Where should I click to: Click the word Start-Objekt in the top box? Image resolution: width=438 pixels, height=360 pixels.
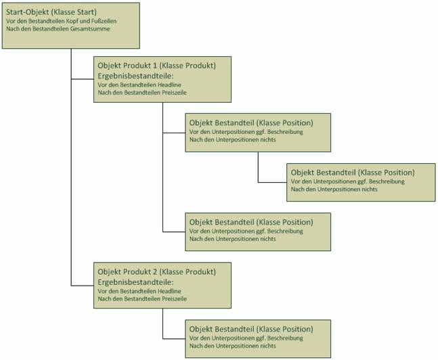coord(28,12)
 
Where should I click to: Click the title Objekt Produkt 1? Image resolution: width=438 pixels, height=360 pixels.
coord(127,66)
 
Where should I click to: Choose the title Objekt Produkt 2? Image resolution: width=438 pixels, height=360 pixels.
coord(127,272)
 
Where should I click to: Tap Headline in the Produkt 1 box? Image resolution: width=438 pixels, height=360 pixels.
coord(169,85)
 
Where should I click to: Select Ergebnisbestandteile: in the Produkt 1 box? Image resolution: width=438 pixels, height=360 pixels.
coord(135,76)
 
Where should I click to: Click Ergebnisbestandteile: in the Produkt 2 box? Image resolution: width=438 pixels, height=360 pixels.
coord(135,282)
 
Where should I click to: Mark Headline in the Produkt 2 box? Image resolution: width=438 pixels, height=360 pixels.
coord(169,291)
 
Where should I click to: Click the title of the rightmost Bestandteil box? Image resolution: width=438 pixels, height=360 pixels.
coord(353,173)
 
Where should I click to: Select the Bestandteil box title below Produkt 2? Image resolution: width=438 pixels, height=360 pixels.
coord(251,329)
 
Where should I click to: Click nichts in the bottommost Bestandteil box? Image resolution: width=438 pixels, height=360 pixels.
coord(268,346)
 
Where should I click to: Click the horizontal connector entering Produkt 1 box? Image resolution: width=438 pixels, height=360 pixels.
coord(83,79)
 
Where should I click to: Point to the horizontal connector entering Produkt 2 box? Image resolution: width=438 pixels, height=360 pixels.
coord(83,286)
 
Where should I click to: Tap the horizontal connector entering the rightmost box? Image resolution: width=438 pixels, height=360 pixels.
coord(272,183)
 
